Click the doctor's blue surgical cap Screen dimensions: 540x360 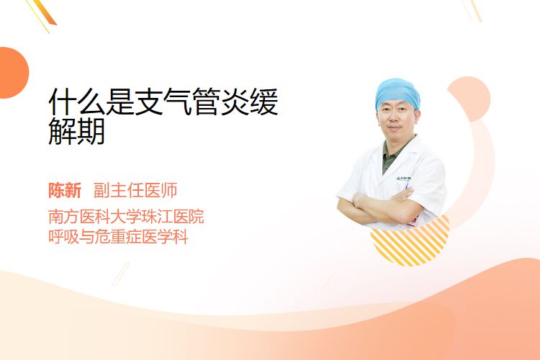click(x=397, y=92)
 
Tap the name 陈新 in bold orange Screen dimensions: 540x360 click(x=65, y=191)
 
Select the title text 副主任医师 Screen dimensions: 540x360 click(x=135, y=191)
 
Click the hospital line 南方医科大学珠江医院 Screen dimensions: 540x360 click(x=126, y=216)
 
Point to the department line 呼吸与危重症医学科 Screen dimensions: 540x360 click(x=118, y=237)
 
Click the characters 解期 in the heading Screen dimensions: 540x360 click(x=76, y=131)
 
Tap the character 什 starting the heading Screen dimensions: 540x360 click(x=62, y=102)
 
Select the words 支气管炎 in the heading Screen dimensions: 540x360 click(x=192, y=102)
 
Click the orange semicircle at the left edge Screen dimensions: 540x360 click(x=14, y=73)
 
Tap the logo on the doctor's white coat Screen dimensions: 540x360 click(x=403, y=179)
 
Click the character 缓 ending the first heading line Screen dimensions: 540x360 click(x=264, y=102)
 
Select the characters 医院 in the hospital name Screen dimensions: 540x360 click(x=189, y=216)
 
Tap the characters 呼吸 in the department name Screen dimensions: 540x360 click(x=63, y=237)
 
